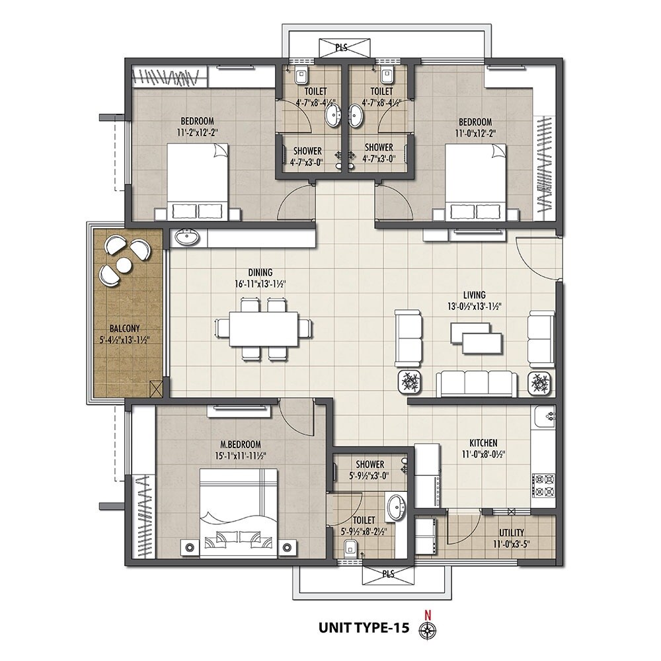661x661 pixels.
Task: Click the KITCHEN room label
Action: (483, 442)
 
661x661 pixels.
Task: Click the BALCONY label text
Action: (125, 328)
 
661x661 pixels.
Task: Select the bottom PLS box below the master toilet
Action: (387, 574)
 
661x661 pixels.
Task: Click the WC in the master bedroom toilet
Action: (351, 546)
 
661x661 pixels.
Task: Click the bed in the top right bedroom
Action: (471, 181)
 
